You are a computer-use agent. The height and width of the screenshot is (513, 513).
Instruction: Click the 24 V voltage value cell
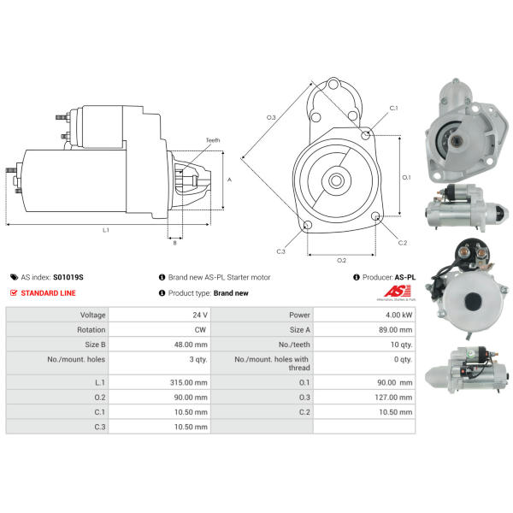(200, 315)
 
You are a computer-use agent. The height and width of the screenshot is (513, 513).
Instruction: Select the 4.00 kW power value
(398, 315)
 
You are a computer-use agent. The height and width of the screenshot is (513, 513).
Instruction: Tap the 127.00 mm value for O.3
(393, 398)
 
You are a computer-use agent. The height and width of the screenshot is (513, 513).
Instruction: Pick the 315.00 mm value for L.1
(188, 382)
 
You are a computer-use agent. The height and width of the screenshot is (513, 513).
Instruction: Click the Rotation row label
(91, 330)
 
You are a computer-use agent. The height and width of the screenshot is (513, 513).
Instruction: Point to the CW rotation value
(200, 330)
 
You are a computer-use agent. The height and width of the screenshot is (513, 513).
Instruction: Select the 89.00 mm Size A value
(395, 330)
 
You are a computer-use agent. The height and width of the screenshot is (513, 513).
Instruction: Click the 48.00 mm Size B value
(191, 345)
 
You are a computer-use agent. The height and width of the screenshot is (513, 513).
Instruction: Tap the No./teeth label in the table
(294, 345)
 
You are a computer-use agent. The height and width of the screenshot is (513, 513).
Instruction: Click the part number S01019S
(68, 277)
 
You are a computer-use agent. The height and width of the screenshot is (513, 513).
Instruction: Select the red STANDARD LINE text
(48, 293)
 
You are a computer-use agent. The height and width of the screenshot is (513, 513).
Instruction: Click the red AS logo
(398, 291)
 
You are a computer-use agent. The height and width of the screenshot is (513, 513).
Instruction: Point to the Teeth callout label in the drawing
(213, 140)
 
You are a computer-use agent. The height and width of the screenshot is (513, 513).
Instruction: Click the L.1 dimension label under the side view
(106, 230)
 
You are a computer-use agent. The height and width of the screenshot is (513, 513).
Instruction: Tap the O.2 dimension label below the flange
(341, 261)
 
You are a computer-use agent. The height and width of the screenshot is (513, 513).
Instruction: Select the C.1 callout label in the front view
(393, 108)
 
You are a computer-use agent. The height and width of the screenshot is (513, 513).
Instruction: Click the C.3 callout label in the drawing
(280, 251)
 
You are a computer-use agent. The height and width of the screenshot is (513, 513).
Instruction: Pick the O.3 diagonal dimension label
(271, 117)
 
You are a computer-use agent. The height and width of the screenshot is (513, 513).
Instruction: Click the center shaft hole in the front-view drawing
(336, 180)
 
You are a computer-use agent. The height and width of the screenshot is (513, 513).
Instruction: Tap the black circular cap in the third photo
(473, 301)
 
